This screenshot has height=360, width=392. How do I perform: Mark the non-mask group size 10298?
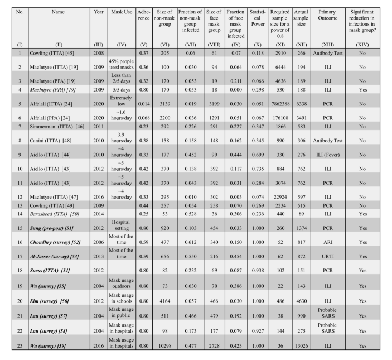point(167,346)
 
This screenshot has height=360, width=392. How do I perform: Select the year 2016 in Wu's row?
point(99,346)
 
